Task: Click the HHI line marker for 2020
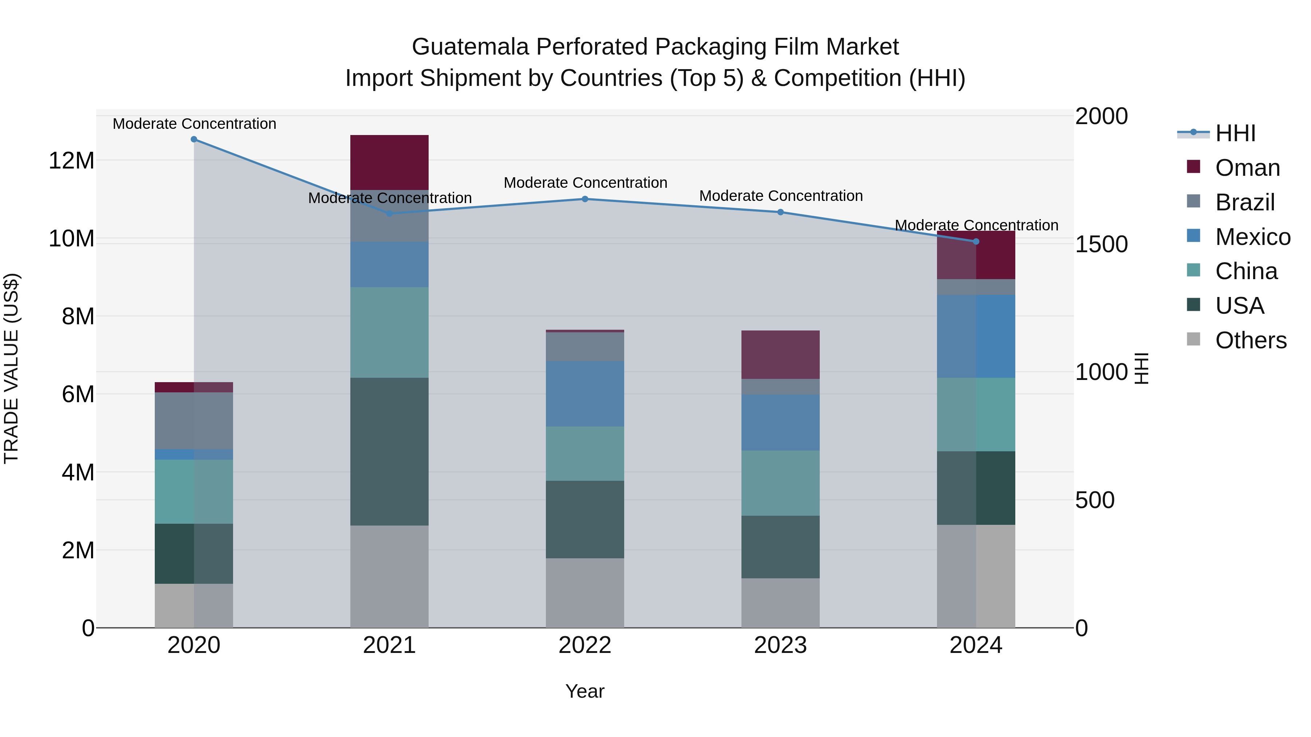[x=194, y=139]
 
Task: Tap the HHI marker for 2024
[x=976, y=242]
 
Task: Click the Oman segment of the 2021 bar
[x=389, y=162]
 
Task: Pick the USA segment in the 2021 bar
[x=389, y=451]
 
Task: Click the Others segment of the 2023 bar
[x=780, y=603]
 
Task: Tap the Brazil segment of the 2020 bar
[x=194, y=421]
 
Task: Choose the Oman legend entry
[x=1247, y=168]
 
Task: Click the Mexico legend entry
[x=1252, y=237]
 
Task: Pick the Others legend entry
[x=1251, y=340]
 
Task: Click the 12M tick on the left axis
[x=71, y=161]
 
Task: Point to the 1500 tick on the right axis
[x=1101, y=244]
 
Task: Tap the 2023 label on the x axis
[x=780, y=645]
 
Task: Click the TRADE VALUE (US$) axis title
[x=11, y=368]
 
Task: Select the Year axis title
[x=585, y=691]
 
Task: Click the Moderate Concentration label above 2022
[x=585, y=183]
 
